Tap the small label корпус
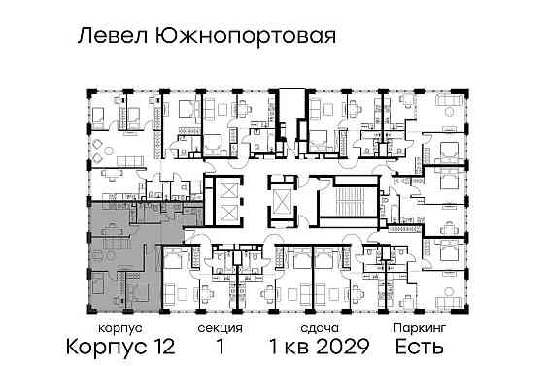coord(94,329)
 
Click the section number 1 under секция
coord(221,347)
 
